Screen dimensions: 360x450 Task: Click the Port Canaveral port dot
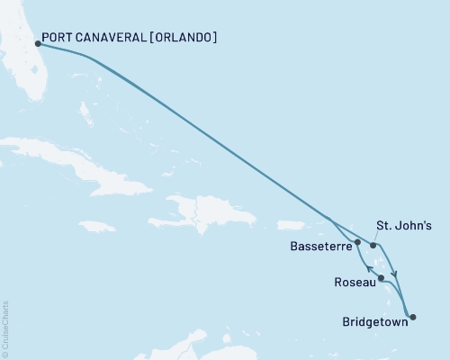pyautogui.click(x=37, y=43)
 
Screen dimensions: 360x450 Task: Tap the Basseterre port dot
pyautogui.click(x=358, y=242)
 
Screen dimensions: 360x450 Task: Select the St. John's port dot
pyautogui.click(x=373, y=245)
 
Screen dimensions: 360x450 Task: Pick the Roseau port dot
pyautogui.click(x=382, y=277)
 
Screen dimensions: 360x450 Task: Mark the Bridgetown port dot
pyautogui.click(x=412, y=315)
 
